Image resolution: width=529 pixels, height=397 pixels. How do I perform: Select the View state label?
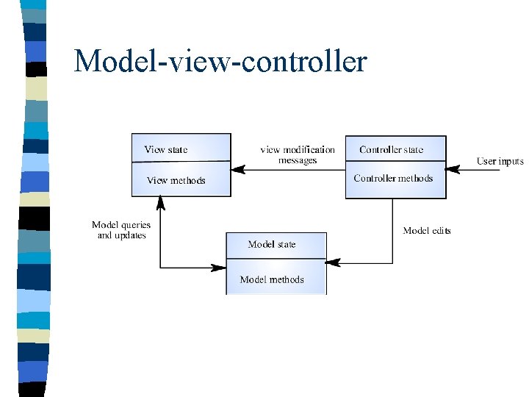tap(166, 149)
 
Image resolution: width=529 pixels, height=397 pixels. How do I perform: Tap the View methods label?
tap(176, 180)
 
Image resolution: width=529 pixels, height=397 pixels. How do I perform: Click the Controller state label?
tap(392, 149)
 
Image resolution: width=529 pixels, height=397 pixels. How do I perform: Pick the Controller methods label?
tap(393, 178)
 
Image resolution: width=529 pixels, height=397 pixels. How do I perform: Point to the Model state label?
tap(272, 244)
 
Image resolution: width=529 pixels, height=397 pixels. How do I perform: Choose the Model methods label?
tap(272, 279)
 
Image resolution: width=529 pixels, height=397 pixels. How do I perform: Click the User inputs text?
tap(500, 161)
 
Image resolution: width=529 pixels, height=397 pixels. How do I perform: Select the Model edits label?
tap(427, 230)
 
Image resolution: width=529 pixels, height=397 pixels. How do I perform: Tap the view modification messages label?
tap(298, 154)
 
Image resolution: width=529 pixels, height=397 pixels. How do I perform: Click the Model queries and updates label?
tap(121, 230)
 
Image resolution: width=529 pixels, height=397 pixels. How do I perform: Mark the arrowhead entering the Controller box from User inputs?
tap(453, 170)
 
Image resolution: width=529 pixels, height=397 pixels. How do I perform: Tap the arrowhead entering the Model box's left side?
tap(219, 268)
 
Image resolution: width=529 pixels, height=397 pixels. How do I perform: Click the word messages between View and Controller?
tap(298, 160)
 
